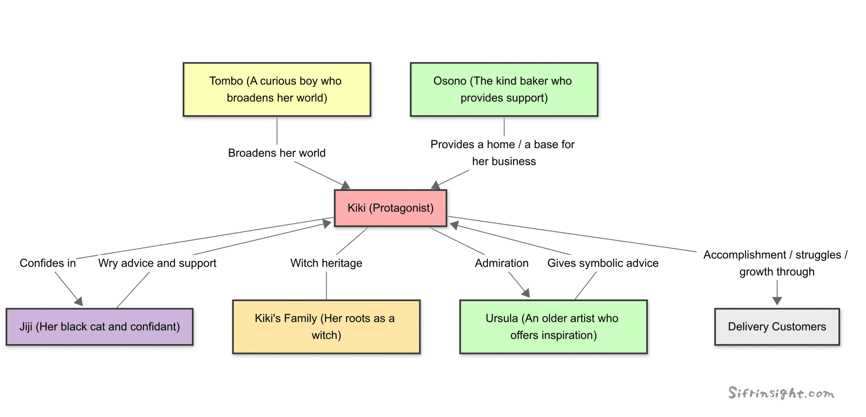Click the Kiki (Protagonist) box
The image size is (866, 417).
(x=390, y=208)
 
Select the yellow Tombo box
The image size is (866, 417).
(x=276, y=89)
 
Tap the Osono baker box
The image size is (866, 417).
(x=503, y=89)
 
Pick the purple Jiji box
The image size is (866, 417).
(x=99, y=326)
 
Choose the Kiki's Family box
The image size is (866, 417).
(x=326, y=326)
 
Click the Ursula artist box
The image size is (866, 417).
(x=553, y=326)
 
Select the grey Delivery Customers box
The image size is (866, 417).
(x=776, y=326)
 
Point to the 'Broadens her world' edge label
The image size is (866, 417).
(x=276, y=153)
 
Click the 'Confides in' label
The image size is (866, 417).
(x=47, y=263)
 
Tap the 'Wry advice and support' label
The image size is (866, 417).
(x=157, y=263)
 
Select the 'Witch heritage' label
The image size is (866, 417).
(x=326, y=263)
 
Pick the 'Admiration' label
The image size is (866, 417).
(x=501, y=263)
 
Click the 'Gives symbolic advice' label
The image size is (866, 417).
(x=602, y=263)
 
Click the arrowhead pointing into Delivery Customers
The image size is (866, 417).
(x=777, y=301)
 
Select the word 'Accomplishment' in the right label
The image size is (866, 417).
(x=744, y=255)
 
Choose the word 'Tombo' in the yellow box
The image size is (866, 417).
(x=226, y=81)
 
